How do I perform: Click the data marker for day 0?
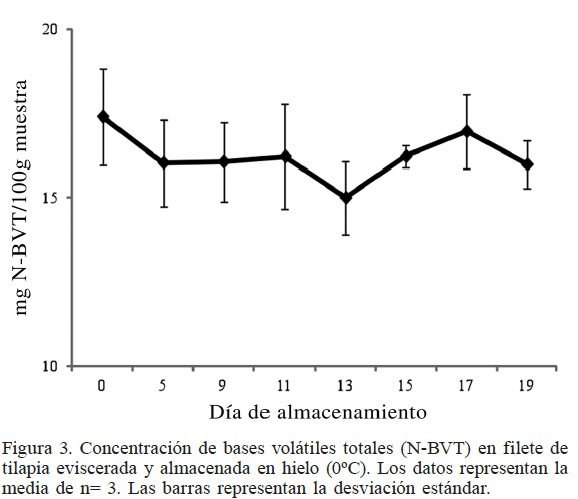click(x=103, y=116)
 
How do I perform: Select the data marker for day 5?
click(x=164, y=162)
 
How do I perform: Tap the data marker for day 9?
click(x=224, y=161)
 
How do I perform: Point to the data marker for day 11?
click(x=285, y=156)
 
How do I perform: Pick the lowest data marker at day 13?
click(x=346, y=198)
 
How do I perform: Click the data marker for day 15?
click(x=406, y=155)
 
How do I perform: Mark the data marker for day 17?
click(x=467, y=131)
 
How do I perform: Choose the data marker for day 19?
click(x=527, y=163)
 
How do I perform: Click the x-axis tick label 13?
click(x=346, y=385)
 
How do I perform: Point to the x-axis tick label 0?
click(x=103, y=385)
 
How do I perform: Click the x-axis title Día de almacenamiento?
click(x=319, y=411)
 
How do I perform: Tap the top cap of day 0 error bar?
click(x=103, y=69)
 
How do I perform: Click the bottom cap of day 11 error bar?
click(x=285, y=209)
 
